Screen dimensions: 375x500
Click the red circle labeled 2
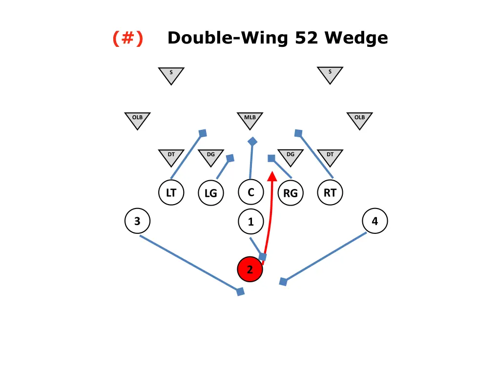[x=250, y=270]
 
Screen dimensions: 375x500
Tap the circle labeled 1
[x=250, y=222]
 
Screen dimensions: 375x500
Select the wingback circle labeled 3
[x=137, y=221]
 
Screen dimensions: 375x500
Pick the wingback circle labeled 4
[x=375, y=221]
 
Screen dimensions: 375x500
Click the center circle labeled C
[x=250, y=192]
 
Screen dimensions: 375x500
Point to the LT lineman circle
[x=171, y=193]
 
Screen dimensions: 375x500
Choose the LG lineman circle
[x=210, y=193]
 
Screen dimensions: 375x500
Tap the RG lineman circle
[x=290, y=193]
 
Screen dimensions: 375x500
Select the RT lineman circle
[x=330, y=193]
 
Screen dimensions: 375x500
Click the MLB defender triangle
[x=250, y=119]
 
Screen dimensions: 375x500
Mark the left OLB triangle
[x=137, y=119]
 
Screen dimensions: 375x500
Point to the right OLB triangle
[x=359, y=119]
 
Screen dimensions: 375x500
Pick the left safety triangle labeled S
[x=171, y=74]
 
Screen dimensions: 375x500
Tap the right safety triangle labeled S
[x=330, y=74]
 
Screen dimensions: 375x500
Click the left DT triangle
[x=171, y=156]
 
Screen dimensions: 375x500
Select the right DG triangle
[x=291, y=156]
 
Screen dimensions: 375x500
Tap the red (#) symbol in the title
[x=128, y=38]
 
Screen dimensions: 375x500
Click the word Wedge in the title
[x=356, y=38]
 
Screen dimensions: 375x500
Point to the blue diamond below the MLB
[x=252, y=142]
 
